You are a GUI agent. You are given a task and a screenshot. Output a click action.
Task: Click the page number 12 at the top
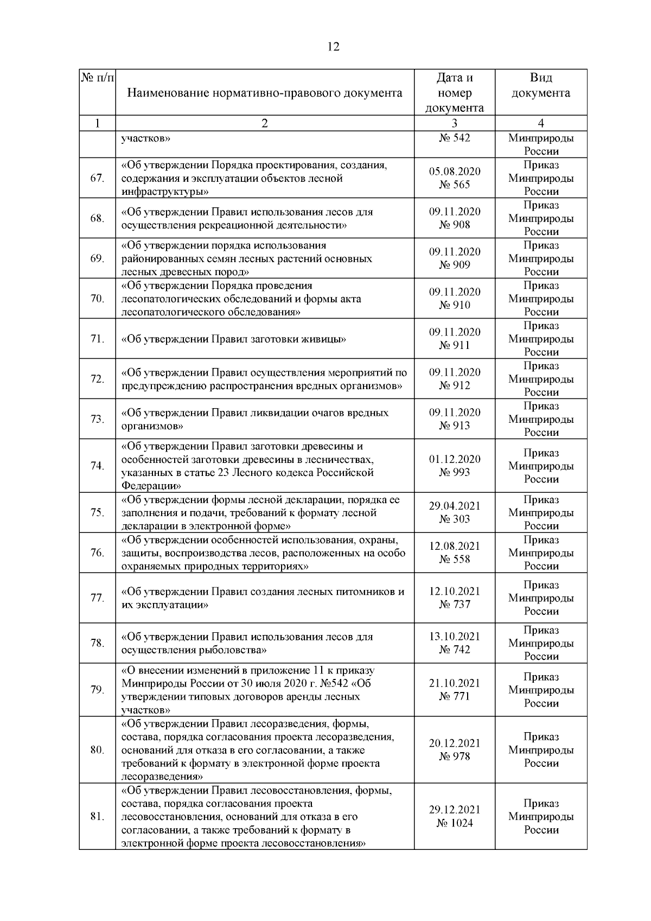(334, 47)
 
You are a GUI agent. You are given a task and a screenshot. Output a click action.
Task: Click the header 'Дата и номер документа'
(454, 93)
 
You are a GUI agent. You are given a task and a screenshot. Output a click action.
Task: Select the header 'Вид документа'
(541, 86)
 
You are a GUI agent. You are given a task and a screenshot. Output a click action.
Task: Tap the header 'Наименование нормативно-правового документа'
(265, 93)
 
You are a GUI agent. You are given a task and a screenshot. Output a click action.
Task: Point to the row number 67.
(97, 178)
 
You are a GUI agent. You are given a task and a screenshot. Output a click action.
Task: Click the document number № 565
(455, 185)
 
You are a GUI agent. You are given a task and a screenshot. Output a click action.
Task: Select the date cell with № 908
(455, 218)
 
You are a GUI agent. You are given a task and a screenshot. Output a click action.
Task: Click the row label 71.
(97, 339)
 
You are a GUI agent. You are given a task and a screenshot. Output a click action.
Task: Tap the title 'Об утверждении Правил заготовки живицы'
(233, 339)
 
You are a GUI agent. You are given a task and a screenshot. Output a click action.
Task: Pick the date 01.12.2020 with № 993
(455, 466)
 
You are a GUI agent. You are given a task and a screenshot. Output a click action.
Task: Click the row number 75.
(97, 512)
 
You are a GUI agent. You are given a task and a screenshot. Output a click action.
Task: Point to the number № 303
(455, 519)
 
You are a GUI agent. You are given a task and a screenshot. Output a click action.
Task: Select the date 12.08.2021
(455, 546)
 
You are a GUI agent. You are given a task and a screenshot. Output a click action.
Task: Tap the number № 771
(455, 697)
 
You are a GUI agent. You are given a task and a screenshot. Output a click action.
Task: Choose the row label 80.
(97, 750)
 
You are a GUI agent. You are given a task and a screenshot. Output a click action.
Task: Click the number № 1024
(455, 823)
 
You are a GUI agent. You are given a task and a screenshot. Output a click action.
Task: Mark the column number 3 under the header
(455, 123)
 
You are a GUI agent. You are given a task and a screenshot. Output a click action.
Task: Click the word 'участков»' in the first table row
(146, 138)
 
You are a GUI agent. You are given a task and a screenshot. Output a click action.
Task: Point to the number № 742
(455, 650)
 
